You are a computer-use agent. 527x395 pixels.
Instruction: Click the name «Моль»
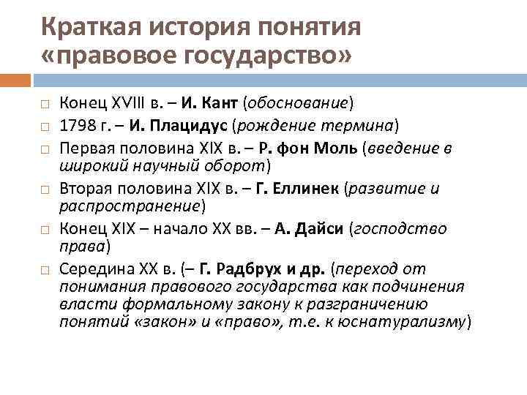tap(333, 148)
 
